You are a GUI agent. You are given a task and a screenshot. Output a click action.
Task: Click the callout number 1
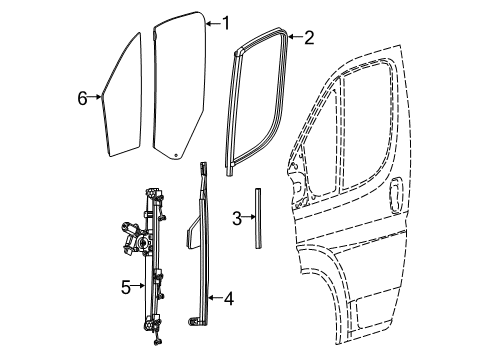[225, 22]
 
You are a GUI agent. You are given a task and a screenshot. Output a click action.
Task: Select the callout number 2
[308, 38]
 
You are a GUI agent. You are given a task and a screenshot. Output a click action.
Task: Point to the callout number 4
[228, 296]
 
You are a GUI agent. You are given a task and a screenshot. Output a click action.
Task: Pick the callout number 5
[126, 288]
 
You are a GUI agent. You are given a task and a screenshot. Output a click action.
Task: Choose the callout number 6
[82, 97]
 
